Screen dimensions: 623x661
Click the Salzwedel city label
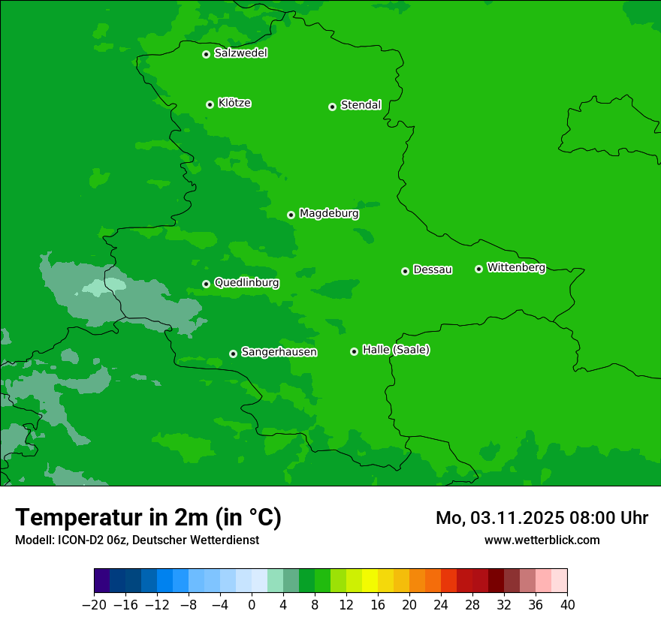coord(240,53)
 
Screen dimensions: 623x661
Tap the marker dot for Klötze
coord(210,104)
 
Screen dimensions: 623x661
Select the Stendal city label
coord(361,105)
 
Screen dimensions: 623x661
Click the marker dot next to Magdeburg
coord(291,215)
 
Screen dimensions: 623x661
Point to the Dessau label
coord(433,269)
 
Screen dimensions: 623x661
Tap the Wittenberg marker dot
coord(478,269)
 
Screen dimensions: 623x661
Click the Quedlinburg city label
coord(246,283)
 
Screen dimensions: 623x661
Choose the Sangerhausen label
coord(279,352)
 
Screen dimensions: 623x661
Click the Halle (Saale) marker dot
coord(354,351)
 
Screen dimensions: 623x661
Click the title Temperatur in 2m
coord(148,517)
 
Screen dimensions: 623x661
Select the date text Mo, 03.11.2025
coord(501,518)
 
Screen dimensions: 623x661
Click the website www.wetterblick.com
coord(542,540)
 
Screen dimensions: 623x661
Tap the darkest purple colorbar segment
coord(101,581)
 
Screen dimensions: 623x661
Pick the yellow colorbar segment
coord(370,581)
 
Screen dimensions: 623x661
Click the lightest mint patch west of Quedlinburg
coord(105,286)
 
